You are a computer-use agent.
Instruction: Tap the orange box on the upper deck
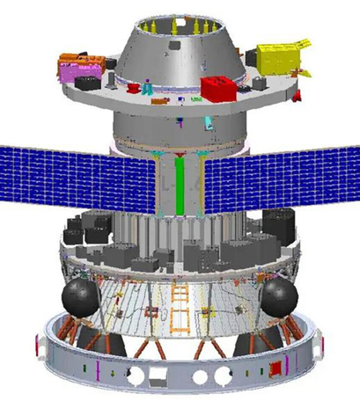(x=77, y=64)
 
